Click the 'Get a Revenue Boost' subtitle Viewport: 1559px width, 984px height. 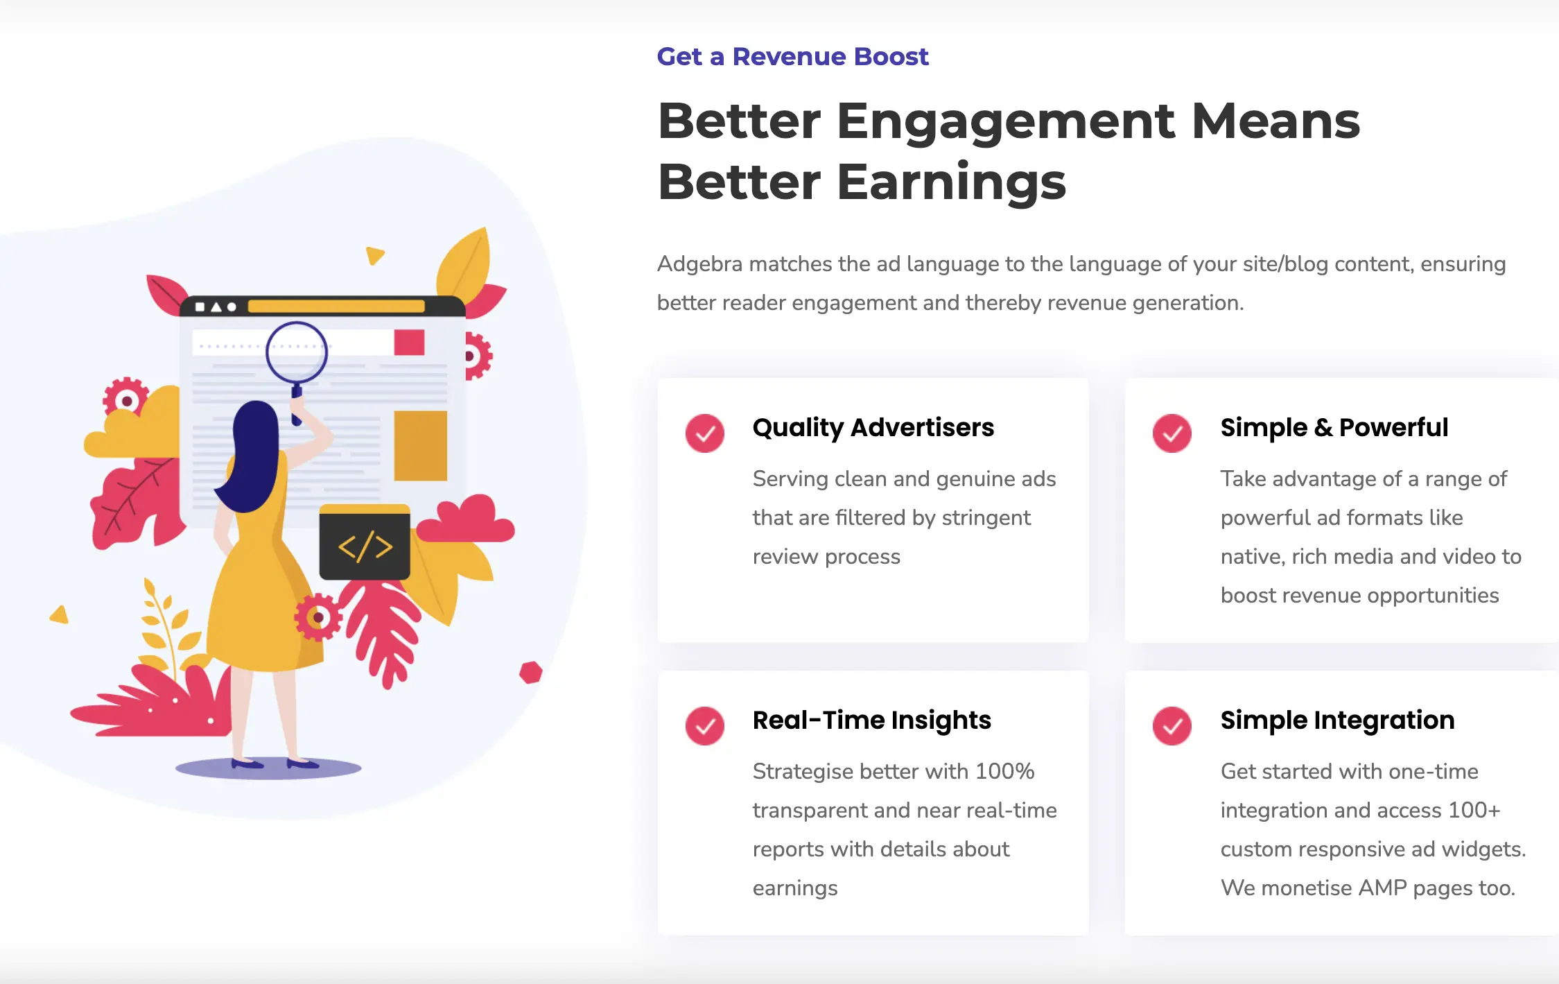(792, 57)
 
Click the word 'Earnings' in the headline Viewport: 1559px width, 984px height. (951, 182)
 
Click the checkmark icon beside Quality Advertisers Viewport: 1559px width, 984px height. (705, 433)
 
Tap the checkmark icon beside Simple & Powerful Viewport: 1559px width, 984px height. (1172, 433)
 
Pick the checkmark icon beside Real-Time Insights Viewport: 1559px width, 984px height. (705, 726)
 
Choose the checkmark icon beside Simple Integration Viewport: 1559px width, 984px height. (1172, 726)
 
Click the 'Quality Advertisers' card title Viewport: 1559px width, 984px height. (873, 429)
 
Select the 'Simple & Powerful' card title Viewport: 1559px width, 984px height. (1334, 428)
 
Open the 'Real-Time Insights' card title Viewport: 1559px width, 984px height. (872, 721)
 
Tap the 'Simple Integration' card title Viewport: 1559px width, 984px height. (1337, 721)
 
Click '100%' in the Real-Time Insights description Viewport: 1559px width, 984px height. (1005, 771)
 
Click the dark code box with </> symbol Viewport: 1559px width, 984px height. (365, 542)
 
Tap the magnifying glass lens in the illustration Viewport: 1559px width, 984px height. (297, 352)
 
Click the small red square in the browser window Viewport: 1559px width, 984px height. (409, 343)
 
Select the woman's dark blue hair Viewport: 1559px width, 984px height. (252, 455)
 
